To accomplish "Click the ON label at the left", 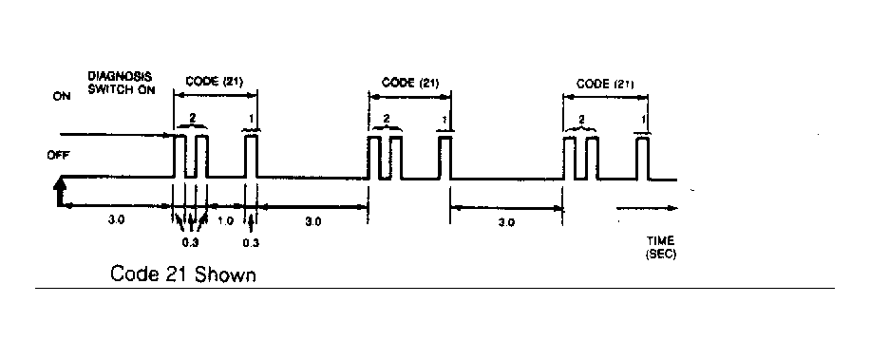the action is (x=62, y=96).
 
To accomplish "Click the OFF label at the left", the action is (x=59, y=156).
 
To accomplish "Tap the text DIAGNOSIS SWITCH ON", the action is (x=121, y=83).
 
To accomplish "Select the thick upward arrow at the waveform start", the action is (x=60, y=190).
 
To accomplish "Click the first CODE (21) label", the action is (x=214, y=81).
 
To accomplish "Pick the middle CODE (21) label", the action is (x=410, y=83).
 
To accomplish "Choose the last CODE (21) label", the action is (x=605, y=84).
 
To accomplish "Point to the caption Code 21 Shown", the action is (x=183, y=274).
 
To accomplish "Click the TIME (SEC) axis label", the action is (x=661, y=247).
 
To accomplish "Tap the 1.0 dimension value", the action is (x=225, y=220).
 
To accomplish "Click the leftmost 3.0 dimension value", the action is (x=117, y=219).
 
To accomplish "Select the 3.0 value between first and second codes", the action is (x=312, y=222).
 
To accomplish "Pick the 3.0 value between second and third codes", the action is (x=506, y=222).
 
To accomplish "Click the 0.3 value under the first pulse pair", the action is (x=190, y=242).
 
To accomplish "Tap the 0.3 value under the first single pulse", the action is (x=251, y=242).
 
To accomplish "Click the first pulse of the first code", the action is (x=180, y=156).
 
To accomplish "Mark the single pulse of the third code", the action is (x=643, y=158).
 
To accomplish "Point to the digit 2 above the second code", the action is (x=387, y=119).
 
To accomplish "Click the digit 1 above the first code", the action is (x=252, y=118).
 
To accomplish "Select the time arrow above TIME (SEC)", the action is (x=647, y=208).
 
